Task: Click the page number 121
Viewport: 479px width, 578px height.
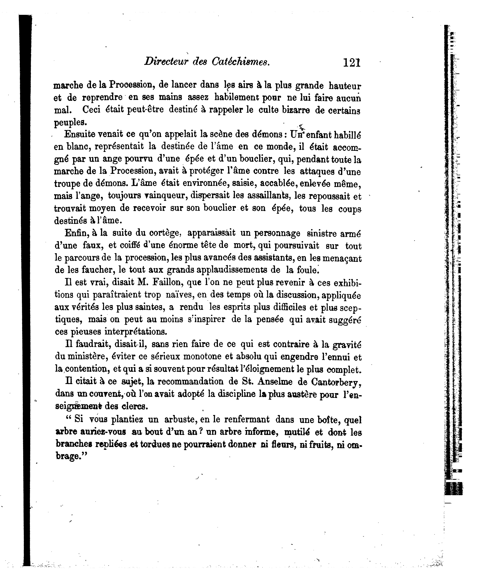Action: (x=352, y=63)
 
